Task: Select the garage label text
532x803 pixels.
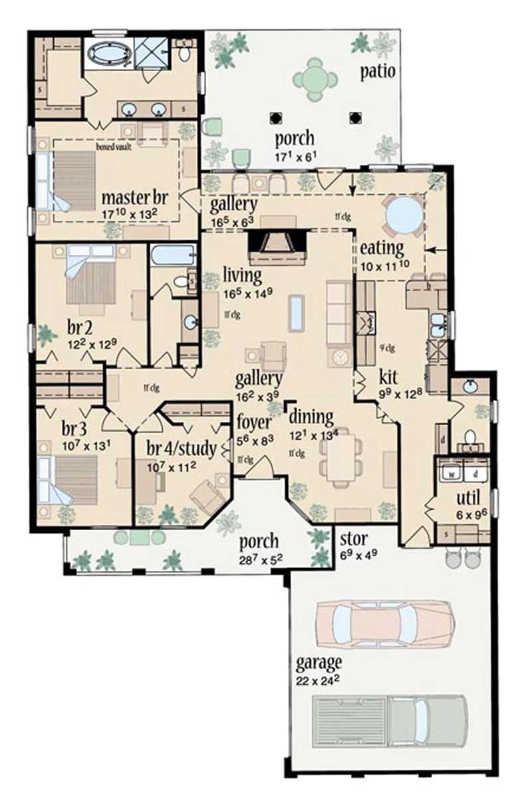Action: (x=319, y=663)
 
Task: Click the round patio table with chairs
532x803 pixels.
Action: (x=314, y=79)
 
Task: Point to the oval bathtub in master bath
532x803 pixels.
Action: (x=109, y=53)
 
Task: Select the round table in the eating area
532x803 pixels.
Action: (x=405, y=215)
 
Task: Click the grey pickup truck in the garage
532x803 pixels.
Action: (x=388, y=719)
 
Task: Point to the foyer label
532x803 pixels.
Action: (x=254, y=422)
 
